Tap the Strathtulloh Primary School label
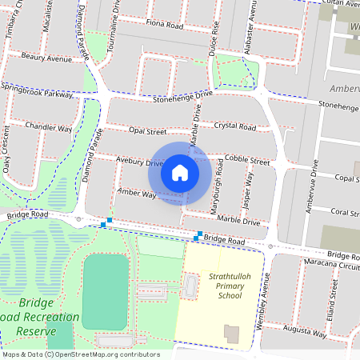click(x=225, y=286)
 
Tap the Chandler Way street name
click(x=48, y=127)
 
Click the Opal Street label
click(x=147, y=131)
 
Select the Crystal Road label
click(x=234, y=126)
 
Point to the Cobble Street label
click(x=247, y=160)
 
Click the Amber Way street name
click(x=136, y=193)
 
